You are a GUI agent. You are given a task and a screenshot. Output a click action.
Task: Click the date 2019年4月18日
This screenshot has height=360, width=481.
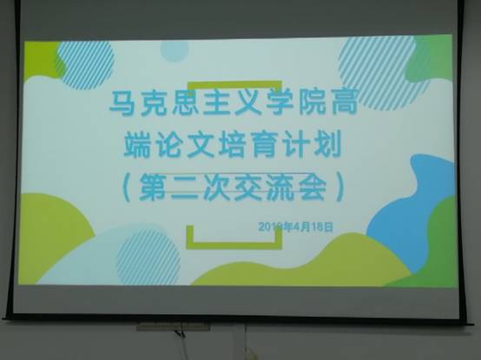click(295, 226)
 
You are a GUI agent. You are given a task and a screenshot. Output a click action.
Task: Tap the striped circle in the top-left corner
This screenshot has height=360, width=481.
click(84, 64)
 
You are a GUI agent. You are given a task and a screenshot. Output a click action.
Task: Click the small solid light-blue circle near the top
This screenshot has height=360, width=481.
click(174, 51)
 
